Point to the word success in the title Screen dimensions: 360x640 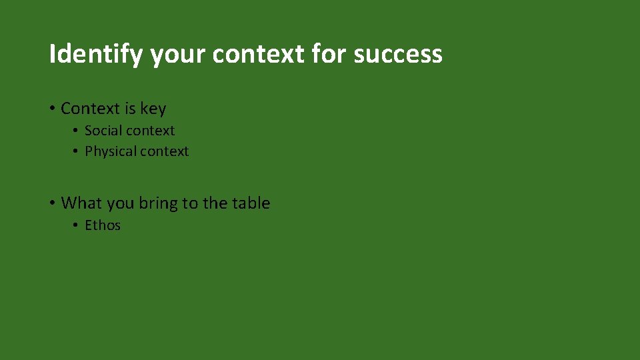[398, 54]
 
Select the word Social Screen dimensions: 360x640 [101, 131]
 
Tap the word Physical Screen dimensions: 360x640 [109, 151]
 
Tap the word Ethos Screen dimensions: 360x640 [103, 225]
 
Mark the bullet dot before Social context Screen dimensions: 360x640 [76, 131]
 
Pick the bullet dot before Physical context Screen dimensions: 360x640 [76, 152]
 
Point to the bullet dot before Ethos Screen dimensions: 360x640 [76, 226]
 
